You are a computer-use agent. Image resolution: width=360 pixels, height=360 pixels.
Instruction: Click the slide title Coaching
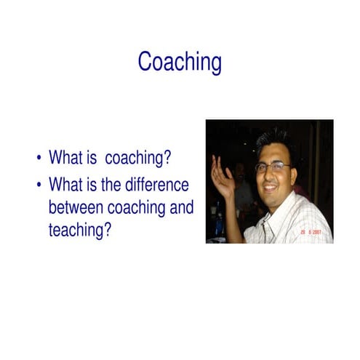[180, 62]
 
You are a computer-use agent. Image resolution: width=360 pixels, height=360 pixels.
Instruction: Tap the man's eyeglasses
[273, 167]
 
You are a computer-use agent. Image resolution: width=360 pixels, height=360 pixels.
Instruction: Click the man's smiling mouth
[273, 190]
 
